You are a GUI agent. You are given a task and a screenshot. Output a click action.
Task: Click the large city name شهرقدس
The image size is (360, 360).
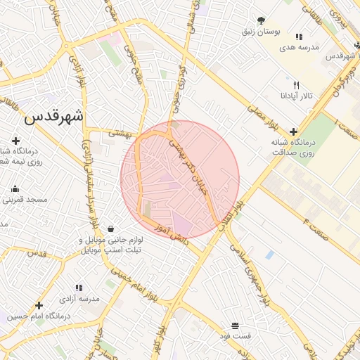[53, 117]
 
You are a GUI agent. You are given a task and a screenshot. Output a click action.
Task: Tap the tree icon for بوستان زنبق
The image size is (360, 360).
[262, 20]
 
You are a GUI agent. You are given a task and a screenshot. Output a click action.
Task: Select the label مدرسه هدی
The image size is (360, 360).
[299, 47]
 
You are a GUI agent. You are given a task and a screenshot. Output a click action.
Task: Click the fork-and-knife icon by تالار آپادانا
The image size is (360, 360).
[296, 84]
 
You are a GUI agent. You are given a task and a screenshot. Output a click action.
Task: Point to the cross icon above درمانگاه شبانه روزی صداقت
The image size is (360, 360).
[293, 131]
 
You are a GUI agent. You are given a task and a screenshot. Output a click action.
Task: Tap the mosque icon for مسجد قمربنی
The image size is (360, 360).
[15, 188]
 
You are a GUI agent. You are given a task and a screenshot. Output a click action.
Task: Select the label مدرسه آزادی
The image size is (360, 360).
[78, 299]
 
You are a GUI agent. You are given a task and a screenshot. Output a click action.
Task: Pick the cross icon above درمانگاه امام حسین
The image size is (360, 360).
[39, 305]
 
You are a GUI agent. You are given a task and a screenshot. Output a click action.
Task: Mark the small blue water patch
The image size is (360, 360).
[269, 255]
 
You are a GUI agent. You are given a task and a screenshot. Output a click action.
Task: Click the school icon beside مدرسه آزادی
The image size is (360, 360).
[78, 288]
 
